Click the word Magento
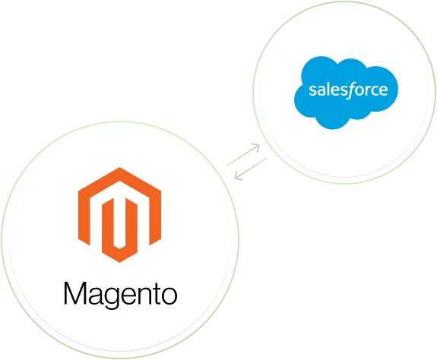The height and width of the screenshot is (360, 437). [121, 292]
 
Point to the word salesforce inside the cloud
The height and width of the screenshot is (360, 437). [348, 90]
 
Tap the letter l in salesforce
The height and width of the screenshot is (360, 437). [326, 90]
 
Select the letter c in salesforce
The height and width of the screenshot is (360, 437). [374, 91]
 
